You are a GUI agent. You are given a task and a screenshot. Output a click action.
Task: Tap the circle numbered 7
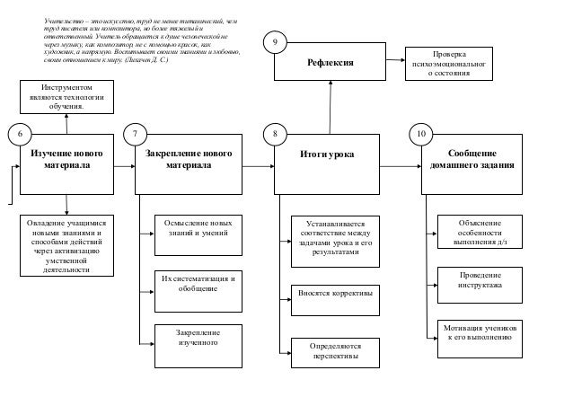[x=136, y=134]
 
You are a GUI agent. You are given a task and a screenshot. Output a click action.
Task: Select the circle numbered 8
[x=277, y=134]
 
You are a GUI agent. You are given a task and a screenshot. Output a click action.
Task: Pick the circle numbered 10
[x=420, y=134]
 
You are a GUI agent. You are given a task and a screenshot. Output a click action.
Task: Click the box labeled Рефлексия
[x=330, y=63]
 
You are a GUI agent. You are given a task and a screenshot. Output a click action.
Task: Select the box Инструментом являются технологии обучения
[x=66, y=96]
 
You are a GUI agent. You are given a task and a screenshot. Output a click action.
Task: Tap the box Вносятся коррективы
[x=334, y=294]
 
